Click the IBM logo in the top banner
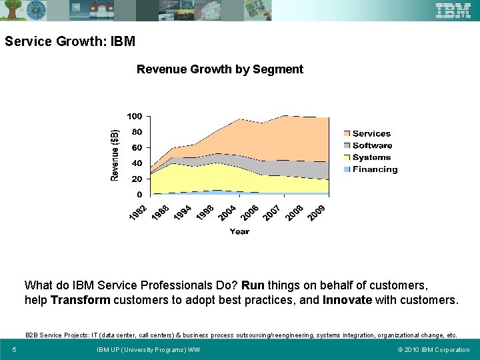[453, 10]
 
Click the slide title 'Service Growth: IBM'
[70, 41]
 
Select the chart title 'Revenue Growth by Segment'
[219, 69]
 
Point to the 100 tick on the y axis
[135, 117]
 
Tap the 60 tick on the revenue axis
[136, 147]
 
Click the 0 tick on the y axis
[139, 195]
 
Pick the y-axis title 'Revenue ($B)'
[115, 155]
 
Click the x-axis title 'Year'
[239, 231]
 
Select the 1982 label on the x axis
[138, 214]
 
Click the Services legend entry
[371, 134]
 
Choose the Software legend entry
[371, 145]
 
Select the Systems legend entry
[371, 157]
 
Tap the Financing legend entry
[374, 169]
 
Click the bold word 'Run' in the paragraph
[253, 285]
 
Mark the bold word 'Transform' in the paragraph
[81, 300]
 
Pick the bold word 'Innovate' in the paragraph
[347, 300]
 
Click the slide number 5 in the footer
[14, 349]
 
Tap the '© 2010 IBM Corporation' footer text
[433, 349]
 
